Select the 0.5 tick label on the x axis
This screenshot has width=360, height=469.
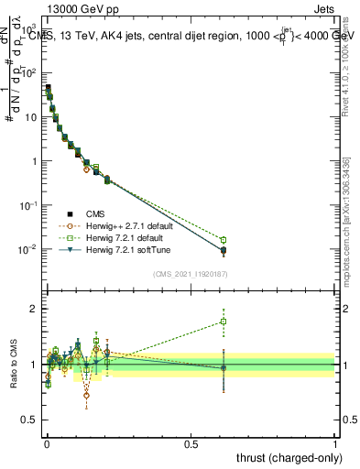pos(191,443)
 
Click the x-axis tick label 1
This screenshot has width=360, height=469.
pos(334,443)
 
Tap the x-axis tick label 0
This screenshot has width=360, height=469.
pos(47,443)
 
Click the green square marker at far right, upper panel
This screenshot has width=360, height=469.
pos(224,240)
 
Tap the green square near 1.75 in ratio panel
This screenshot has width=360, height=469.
pos(224,322)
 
